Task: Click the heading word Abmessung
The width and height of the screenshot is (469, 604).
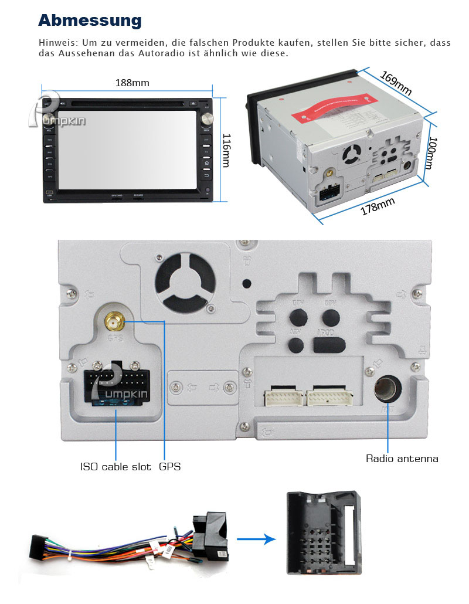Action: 90,21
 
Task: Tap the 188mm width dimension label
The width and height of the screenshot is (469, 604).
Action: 132,83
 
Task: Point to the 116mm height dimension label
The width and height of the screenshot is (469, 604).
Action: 227,150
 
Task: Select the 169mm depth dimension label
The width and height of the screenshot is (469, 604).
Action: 396,83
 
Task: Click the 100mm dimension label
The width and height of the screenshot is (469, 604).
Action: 432,153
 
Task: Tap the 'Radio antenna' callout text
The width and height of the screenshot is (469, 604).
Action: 402,459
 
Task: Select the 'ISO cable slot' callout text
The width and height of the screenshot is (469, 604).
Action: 115,467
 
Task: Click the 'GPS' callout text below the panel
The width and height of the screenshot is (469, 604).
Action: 169,467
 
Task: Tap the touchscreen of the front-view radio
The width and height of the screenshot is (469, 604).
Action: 128,150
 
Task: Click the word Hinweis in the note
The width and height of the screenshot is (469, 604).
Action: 57,43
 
